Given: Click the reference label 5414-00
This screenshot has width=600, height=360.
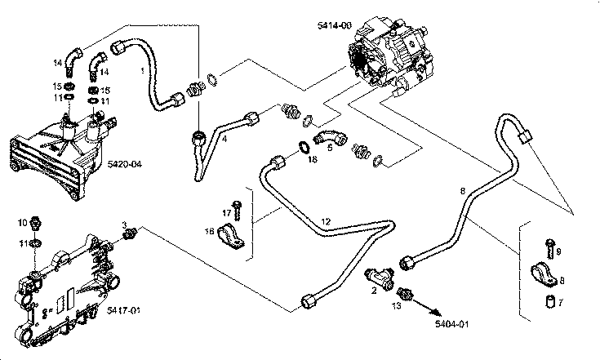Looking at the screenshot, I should (336, 26).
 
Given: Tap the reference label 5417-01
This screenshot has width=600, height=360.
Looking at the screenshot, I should (125, 310).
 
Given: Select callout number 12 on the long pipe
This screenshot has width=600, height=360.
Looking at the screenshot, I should (325, 221).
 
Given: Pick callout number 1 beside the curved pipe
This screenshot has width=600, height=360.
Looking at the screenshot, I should (143, 71).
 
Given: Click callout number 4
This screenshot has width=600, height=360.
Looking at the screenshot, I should (224, 139).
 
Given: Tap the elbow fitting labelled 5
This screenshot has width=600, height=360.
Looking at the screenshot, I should (330, 135).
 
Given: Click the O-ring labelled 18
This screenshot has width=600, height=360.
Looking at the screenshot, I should (302, 147).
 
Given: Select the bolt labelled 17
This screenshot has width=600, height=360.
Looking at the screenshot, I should (236, 204).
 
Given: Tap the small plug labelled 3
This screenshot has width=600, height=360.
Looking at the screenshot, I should (128, 236).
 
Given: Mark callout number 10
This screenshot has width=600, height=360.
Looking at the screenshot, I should (24, 221).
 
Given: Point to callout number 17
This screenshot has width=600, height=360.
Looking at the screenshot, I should (227, 212).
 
